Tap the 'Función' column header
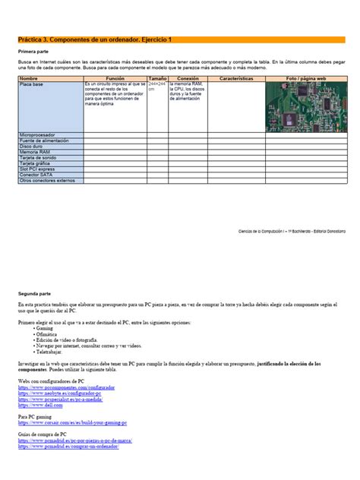coord(115,78)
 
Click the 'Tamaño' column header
coord(158,78)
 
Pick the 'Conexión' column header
coord(188,78)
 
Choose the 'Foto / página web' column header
coord(306,78)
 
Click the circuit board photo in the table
coord(306,106)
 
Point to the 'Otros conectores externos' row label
coord(48,180)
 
